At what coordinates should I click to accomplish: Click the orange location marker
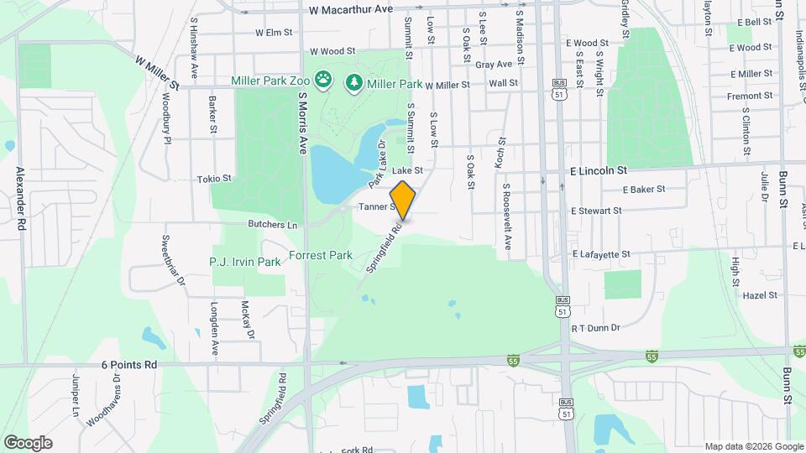[x=403, y=200]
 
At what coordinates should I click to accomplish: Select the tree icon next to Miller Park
[x=353, y=81]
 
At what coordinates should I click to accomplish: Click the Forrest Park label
[x=320, y=255]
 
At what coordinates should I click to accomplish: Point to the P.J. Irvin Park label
[x=245, y=263]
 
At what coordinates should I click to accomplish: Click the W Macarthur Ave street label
[x=351, y=9]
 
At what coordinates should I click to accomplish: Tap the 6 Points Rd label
[x=129, y=365]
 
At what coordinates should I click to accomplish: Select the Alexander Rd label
[x=21, y=198]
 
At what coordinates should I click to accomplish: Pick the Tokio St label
[x=214, y=179]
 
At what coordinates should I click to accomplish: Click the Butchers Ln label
[x=273, y=225]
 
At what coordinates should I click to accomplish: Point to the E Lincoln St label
[x=599, y=170]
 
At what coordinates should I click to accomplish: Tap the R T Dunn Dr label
[x=595, y=329]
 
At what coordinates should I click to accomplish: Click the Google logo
[x=28, y=443]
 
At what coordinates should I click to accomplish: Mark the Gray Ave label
[x=493, y=65]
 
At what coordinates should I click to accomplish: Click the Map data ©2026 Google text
[x=753, y=446]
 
